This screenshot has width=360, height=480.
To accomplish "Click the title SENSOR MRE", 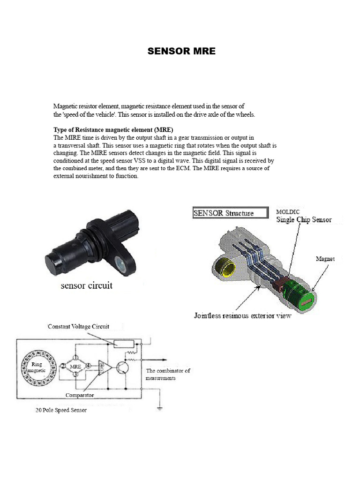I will tap(181, 52).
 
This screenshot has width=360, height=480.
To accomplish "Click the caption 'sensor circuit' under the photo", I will tap(87, 285).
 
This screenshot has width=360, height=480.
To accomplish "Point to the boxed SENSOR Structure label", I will tap(230, 213).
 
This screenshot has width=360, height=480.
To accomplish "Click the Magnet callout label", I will tap(326, 258).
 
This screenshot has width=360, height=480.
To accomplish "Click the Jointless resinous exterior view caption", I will tap(242, 315).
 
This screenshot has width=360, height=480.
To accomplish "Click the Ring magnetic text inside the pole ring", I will tap(37, 367).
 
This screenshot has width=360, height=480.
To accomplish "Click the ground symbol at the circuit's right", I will tap(161, 408).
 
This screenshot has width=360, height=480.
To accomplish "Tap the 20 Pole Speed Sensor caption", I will tap(61, 410).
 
